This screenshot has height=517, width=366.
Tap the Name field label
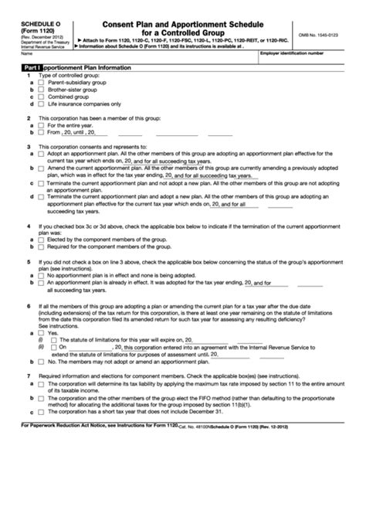tap(27, 54)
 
